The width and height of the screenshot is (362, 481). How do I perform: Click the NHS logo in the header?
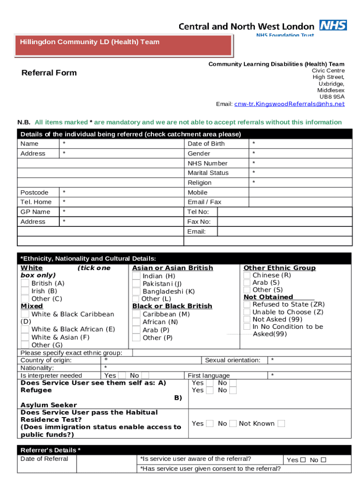tap(333, 25)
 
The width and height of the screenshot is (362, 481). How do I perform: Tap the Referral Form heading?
tap(49, 73)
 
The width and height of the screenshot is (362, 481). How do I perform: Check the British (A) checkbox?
tap(25, 283)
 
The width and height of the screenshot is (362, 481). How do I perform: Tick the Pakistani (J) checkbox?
tap(136, 284)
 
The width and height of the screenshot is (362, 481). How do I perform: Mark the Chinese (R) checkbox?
tap(247, 275)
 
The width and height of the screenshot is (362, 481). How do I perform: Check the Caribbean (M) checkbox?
tap(136, 314)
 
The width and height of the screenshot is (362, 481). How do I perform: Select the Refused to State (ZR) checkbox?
tap(247, 304)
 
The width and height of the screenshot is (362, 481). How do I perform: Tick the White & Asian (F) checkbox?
tap(25, 337)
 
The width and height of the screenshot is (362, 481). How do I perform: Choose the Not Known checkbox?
tap(281, 423)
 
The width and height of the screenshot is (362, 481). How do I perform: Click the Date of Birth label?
tap(206, 144)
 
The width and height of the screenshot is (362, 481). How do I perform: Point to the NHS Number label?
tap(207, 163)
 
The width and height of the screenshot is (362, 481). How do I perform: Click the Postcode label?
tap(34, 193)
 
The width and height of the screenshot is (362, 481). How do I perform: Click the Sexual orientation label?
tap(233, 360)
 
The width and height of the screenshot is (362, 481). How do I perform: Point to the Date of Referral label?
tap(44, 459)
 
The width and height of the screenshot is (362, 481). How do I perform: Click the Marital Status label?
tap(208, 173)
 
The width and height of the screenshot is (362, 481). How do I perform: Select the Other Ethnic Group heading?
tap(279, 268)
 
